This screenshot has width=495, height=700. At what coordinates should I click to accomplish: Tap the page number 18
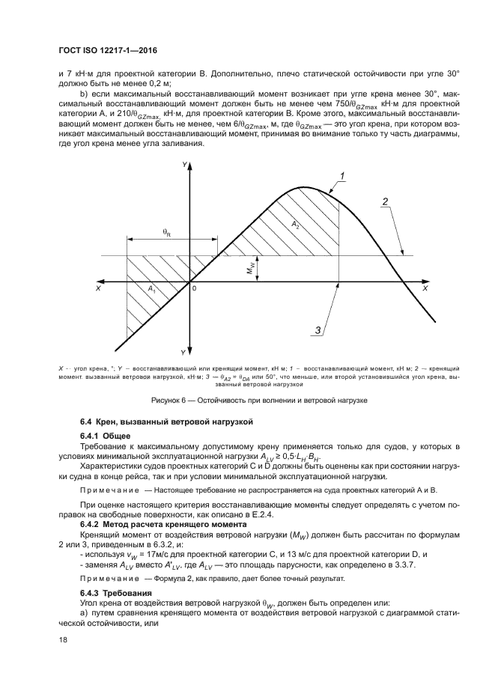pyautogui.click(x=63, y=639)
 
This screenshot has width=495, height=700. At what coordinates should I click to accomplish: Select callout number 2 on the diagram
pyautogui.click(x=384, y=201)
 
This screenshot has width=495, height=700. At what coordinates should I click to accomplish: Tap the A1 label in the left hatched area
pyautogui.click(x=151, y=288)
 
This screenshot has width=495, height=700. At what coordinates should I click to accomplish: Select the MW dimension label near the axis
pyautogui.click(x=252, y=267)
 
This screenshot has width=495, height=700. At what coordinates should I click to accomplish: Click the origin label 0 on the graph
pyautogui.click(x=195, y=288)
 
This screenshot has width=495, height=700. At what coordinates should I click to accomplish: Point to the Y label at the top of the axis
pyautogui.click(x=183, y=162)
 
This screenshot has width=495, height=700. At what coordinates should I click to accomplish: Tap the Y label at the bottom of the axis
pyautogui.click(x=183, y=352)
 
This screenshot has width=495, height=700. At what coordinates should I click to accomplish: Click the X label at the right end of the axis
pyautogui.click(x=425, y=287)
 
